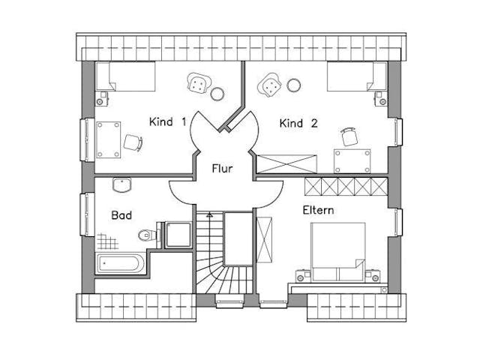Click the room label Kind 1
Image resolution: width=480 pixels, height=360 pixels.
(x=167, y=121)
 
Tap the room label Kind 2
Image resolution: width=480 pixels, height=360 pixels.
(x=298, y=123)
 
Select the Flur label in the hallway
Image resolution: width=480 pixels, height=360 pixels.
(x=221, y=169)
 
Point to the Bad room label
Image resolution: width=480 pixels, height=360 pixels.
(x=121, y=216)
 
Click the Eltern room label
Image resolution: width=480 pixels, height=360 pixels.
(x=319, y=210)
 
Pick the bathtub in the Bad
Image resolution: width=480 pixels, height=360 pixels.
(x=121, y=263)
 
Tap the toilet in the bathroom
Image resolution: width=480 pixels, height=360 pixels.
(x=146, y=235)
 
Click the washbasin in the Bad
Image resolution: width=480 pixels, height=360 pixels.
(x=121, y=185)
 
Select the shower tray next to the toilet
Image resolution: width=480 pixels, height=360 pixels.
(x=178, y=234)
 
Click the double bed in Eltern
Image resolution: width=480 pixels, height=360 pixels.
(x=337, y=251)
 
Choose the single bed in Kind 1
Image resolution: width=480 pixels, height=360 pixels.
(x=125, y=76)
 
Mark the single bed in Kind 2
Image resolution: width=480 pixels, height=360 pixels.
(x=356, y=76)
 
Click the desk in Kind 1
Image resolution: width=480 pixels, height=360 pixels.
(x=109, y=139)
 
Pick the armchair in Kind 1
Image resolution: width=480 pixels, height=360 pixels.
(x=197, y=84)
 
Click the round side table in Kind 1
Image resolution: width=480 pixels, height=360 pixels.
(x=217, y=94)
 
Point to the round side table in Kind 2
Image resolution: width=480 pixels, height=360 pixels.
(x=293, y=85)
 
